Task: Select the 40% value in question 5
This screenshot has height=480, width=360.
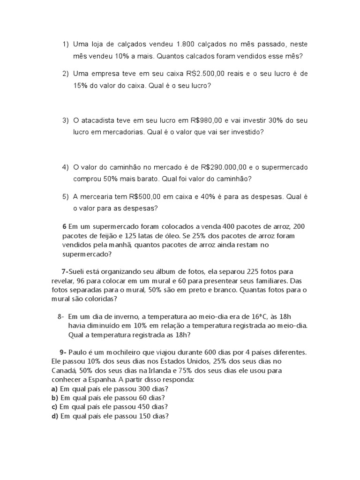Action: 209,196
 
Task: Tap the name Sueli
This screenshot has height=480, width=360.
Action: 79,272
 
